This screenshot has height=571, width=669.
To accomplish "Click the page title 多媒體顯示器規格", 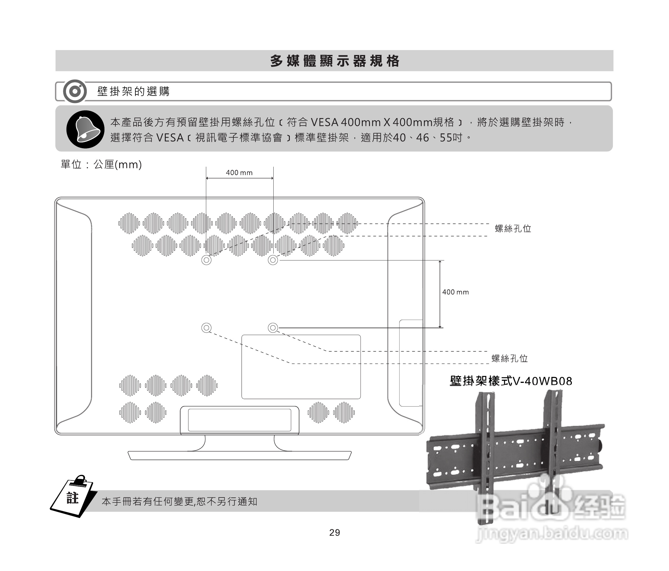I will [x=334, y=61].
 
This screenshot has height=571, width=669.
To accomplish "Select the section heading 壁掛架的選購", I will [x=133, y=91].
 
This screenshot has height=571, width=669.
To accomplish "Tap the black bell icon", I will [x=85, y=129].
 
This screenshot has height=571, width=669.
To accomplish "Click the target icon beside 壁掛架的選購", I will [x=75, y=91].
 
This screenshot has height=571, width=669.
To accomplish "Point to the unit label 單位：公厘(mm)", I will [x=101, y=164].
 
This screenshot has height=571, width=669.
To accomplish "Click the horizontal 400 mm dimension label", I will [x=239, y=173].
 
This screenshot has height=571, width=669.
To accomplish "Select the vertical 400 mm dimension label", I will [x=455, y=292].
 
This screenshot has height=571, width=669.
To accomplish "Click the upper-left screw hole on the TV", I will [x=206, y=260].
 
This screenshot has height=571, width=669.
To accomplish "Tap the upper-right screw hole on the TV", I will [x=273, y=260].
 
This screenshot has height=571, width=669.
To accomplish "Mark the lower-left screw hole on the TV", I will [x=206, y=328].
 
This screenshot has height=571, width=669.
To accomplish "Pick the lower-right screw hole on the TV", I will [x=273, y=328].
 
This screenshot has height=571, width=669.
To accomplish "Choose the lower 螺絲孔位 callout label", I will [x=510, y=358].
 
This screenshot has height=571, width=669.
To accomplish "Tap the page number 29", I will [x=334, y=533].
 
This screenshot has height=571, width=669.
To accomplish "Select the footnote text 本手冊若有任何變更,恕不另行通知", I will [x=179, y=502].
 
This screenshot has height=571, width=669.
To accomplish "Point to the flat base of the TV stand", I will [x=239, y=455].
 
